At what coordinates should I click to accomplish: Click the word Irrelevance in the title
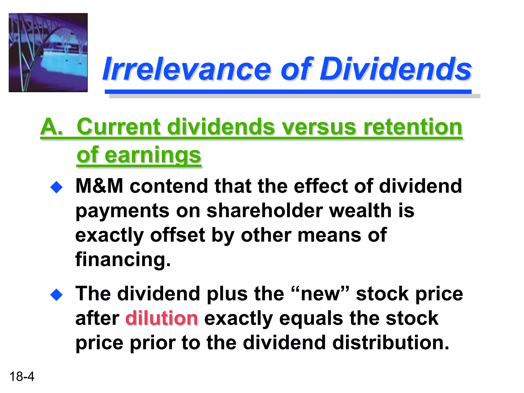187,69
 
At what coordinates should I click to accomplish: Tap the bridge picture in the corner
48,52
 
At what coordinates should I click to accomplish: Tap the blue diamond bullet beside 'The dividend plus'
57,295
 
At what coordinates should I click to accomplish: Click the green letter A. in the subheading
51,127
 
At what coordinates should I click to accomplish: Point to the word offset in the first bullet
178,235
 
